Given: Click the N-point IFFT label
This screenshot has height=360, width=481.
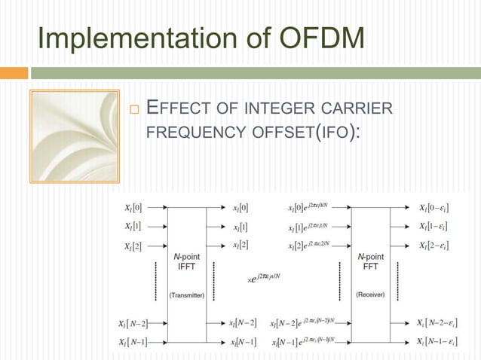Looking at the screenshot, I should pos(185,261).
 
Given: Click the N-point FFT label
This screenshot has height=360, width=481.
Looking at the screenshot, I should pos(370,261).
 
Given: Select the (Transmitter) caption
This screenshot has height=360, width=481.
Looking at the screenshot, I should pos(185,295).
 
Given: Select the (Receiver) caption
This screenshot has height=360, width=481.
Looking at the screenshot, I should pos(370,294).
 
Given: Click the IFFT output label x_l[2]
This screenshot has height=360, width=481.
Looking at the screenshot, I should pos(240,246).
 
